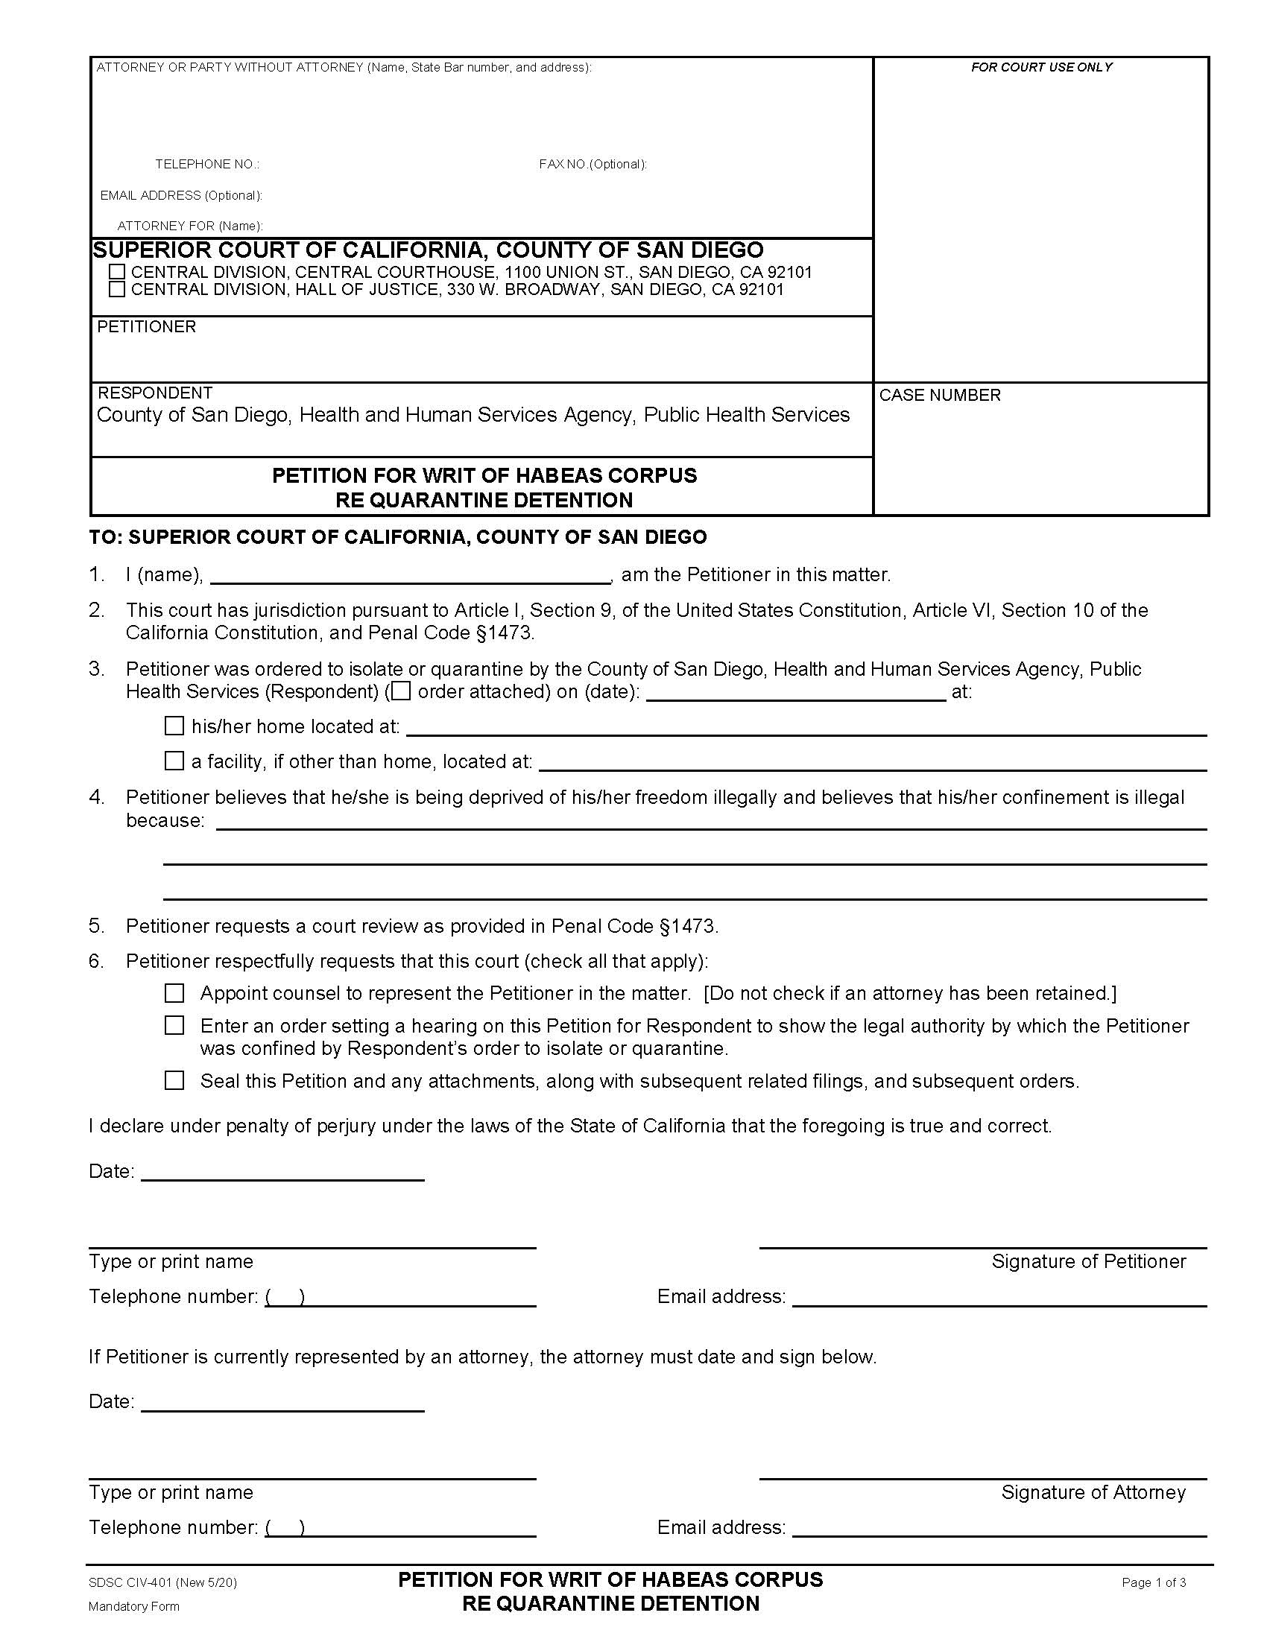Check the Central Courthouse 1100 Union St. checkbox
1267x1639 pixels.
(117, 272)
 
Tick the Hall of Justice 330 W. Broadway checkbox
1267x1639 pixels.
(117, 289)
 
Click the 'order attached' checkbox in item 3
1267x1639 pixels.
(402, 691)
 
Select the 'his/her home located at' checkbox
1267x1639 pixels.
(174, 726)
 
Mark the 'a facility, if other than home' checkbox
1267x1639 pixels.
(174, 761)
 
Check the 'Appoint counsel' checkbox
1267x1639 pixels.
(174, 994)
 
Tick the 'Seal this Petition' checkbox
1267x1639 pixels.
(174, 1081)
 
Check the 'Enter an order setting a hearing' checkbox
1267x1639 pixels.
(174, 1025)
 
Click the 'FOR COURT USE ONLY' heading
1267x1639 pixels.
(1041, 68)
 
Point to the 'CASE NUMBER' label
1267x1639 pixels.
(940, 396)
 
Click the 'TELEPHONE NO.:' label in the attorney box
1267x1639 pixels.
(207, 165)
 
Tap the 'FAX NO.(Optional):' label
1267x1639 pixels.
(593, 165)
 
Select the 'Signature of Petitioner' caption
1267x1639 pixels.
(1088, 1261)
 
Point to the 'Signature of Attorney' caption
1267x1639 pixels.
(1093, 1493)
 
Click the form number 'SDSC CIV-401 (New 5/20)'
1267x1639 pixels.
(163, 1582)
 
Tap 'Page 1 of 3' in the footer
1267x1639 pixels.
(1154, 1582)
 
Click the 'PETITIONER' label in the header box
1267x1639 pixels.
(146, 327)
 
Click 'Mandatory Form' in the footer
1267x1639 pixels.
(133, 1607)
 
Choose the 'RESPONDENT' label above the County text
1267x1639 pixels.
(155, 393)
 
